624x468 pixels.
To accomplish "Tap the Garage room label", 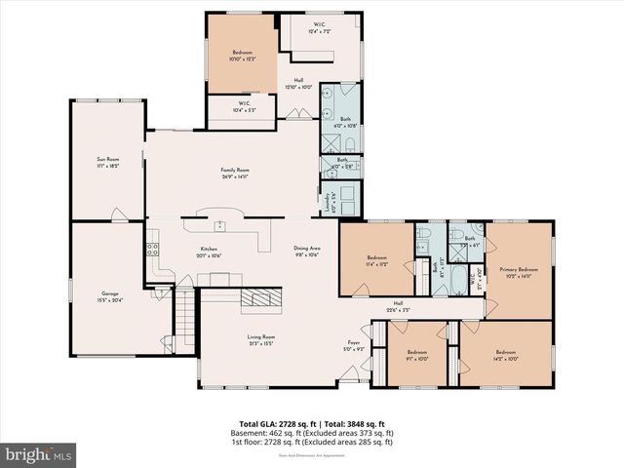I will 110,292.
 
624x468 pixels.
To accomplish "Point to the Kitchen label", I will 209,248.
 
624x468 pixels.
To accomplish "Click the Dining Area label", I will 307,248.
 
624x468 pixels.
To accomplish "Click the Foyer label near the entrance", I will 354,342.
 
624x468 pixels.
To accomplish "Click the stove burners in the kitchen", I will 152,249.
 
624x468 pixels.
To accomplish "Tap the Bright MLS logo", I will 39,454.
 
